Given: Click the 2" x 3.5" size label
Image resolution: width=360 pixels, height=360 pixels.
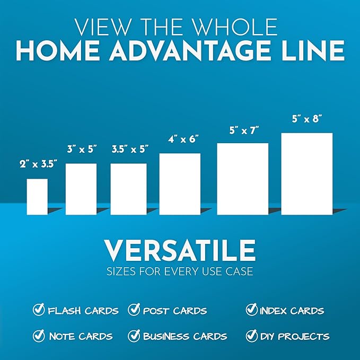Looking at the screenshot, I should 37,164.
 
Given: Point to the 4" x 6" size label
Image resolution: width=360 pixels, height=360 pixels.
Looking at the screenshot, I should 180,139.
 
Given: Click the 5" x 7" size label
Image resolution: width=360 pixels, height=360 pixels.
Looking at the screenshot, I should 243,129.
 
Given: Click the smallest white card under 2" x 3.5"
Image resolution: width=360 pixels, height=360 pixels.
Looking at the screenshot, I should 37,197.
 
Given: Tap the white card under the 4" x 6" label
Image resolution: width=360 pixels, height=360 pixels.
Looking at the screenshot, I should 180,184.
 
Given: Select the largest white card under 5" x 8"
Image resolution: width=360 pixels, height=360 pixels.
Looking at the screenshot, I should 306,174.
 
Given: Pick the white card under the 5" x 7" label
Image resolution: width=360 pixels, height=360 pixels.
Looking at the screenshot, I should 242,179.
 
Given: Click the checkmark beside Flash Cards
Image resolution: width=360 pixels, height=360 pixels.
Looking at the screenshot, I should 39,310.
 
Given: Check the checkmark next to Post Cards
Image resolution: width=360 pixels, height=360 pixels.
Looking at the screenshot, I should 134,310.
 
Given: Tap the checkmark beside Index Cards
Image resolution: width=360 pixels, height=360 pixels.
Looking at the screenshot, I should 251,310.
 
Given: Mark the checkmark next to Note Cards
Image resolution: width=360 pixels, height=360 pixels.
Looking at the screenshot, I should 39,336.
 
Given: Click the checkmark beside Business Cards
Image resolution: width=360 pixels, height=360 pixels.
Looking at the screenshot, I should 134,336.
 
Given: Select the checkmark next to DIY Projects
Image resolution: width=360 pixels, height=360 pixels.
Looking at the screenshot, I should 251,336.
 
